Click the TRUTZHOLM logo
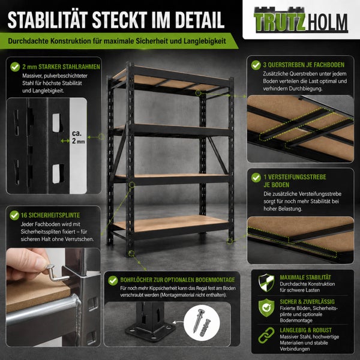(301, 20)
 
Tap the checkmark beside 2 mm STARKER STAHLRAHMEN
(15, 67)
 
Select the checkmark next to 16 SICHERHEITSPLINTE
(14, 215)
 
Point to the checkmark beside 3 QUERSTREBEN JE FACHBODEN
(256, 65)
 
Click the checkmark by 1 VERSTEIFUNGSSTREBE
(256, 178)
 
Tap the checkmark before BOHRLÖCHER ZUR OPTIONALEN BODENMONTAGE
(113, 280)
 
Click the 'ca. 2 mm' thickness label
(78, 137)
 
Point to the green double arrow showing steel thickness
(65, 141)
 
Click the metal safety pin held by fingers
(57, 274)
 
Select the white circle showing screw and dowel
(202, 323)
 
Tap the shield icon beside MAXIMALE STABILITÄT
(266, 283)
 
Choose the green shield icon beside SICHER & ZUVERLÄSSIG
(266, 308)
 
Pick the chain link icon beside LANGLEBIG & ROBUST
(266, 335)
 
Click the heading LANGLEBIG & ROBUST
(305, 330)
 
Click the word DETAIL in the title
(200, 20)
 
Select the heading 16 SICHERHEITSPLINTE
(50, 215)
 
